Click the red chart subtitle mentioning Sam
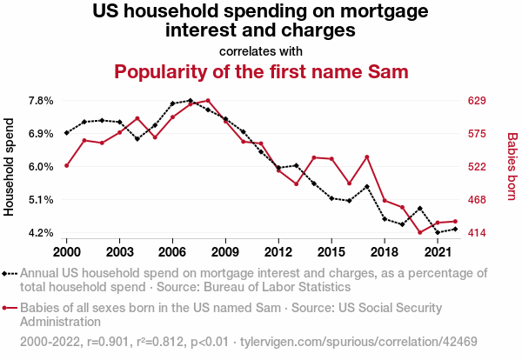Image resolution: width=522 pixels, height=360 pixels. point(261,71)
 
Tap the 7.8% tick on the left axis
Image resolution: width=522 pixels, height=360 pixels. point(41,101)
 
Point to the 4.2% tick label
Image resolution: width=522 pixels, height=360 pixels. point(41,233)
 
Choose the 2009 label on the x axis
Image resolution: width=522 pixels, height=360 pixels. point(225,251)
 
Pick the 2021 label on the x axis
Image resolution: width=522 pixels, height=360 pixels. point(438,251)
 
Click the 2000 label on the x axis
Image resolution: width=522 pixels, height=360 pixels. point(66,251)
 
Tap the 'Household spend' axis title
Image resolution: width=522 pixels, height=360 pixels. point(10,167)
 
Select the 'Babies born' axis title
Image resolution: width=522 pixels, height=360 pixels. point(512,167)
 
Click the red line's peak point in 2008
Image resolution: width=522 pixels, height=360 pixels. point(208,101)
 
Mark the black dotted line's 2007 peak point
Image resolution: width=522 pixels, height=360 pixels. point(191,101)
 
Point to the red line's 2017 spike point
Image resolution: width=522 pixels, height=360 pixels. point(367,157)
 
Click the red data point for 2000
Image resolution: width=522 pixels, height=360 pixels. point(66,165)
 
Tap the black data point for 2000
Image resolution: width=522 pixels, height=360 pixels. point(66,133)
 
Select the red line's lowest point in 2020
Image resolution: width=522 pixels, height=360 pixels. point(420,233)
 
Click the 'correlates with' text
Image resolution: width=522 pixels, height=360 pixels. point(261,50)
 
